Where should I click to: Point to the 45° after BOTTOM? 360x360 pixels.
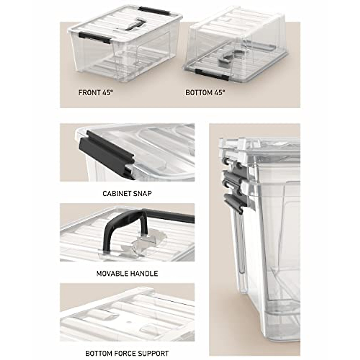tap(220, 93)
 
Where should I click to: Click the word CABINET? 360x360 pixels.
tap(116, 193)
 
